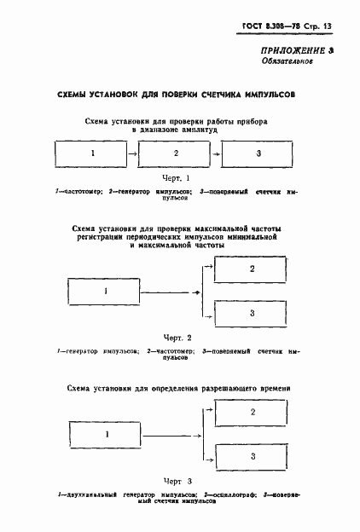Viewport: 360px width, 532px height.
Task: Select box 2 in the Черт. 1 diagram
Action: [175, 153]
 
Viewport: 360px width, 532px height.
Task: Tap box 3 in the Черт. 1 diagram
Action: [259, 153]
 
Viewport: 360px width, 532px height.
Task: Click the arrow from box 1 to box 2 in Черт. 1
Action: [133, 153]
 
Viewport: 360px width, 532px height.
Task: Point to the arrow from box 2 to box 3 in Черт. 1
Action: [218, 153]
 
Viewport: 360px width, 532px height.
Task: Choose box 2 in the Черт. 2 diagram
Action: [252, 269]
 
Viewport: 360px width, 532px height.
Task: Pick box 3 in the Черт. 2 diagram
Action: [252, 314]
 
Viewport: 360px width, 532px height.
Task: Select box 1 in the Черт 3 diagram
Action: [107, 434]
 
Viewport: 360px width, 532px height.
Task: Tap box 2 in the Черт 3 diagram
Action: [252, 412]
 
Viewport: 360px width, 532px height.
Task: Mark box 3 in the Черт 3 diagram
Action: [252, 456]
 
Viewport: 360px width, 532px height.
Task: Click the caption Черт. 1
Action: [175, 178]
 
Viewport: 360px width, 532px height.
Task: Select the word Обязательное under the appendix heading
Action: [287, 62]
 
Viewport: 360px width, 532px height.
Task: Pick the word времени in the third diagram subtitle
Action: [275, 389]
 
